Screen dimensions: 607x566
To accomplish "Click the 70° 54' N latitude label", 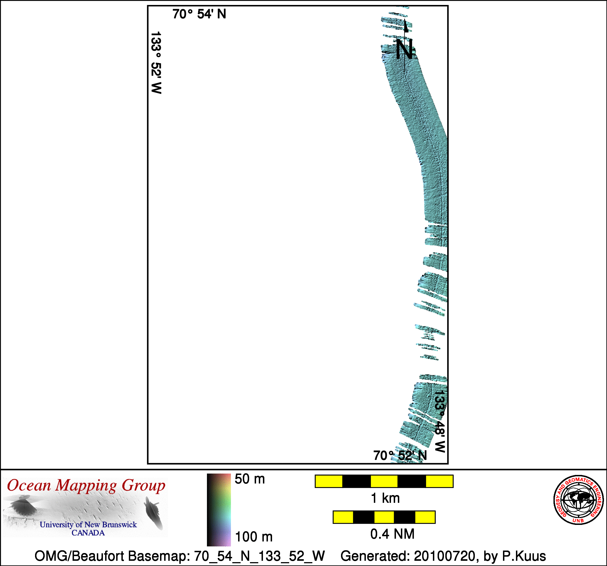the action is point(199,14).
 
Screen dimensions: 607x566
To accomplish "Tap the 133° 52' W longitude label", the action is point(156,63).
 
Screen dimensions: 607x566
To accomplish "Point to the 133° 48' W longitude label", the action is point(440,421).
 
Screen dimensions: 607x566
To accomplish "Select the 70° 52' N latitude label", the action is point(400,455).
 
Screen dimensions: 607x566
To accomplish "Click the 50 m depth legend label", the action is point(250,479).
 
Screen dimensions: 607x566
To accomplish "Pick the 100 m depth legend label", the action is point(254,537).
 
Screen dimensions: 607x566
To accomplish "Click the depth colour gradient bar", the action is point(219,510).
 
